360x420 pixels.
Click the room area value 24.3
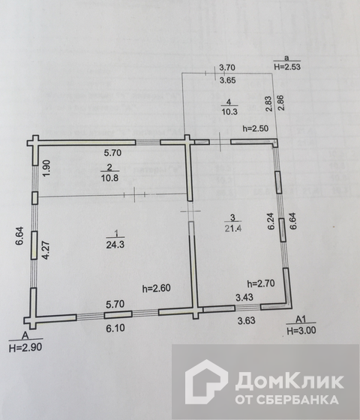[x=115, y=244]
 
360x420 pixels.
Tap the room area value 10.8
[x=109, y=178]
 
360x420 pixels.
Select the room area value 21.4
[x=232, y=228]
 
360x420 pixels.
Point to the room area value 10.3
[x=229, y=112]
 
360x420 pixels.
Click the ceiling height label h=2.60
[x=157, y=288]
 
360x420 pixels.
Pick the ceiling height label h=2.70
[x=261, y=283]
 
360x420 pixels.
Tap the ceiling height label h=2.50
[x=255, y=128]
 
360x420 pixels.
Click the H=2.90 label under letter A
[x=25, y=347]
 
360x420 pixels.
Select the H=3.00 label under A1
[x=301, y=331]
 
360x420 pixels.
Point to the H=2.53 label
[x=287, y=67]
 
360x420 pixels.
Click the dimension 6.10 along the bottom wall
[x=115, y=328]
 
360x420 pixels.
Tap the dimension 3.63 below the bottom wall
[x=247, y=320]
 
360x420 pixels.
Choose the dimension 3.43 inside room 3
[x=244, y=297]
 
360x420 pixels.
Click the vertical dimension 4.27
[x=46, y=250]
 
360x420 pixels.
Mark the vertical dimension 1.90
[x=46, y=168]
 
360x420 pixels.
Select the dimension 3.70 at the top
[x=227, y=67]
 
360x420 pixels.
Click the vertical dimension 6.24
[x=271, y=221]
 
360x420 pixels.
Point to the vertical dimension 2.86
[x=281, y=103]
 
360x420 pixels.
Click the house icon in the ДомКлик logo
[x=206, y=382]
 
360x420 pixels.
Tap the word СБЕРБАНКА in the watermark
[x=297, y=400]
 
